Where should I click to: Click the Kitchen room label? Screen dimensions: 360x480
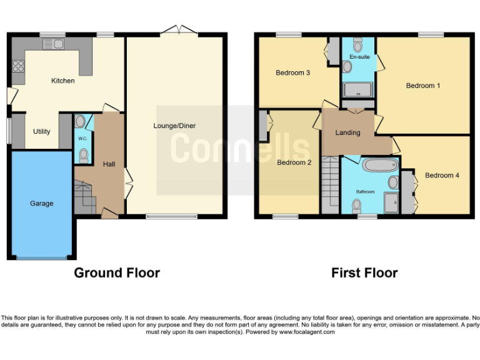coord(63,81)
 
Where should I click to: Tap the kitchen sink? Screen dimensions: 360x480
coord(53,44)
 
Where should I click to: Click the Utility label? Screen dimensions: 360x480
coord(42,132)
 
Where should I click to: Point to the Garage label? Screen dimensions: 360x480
coord(42,203)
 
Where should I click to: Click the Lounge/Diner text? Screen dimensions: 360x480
coord(174,126)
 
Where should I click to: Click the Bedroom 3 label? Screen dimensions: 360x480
coord(293,72)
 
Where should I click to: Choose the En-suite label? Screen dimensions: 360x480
coord(359,57)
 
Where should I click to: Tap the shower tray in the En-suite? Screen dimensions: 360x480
coord(357,89)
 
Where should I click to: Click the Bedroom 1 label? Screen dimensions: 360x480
coord(423,86)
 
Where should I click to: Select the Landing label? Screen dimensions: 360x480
coord(347,132)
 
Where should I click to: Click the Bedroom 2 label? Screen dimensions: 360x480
coord(294,162)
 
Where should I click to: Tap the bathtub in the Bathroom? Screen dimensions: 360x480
coord(380,166)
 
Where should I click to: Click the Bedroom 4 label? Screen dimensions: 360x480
coord(442,176)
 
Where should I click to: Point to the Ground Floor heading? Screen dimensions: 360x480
coord(117,272)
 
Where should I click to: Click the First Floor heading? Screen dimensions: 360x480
coord(364,272)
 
